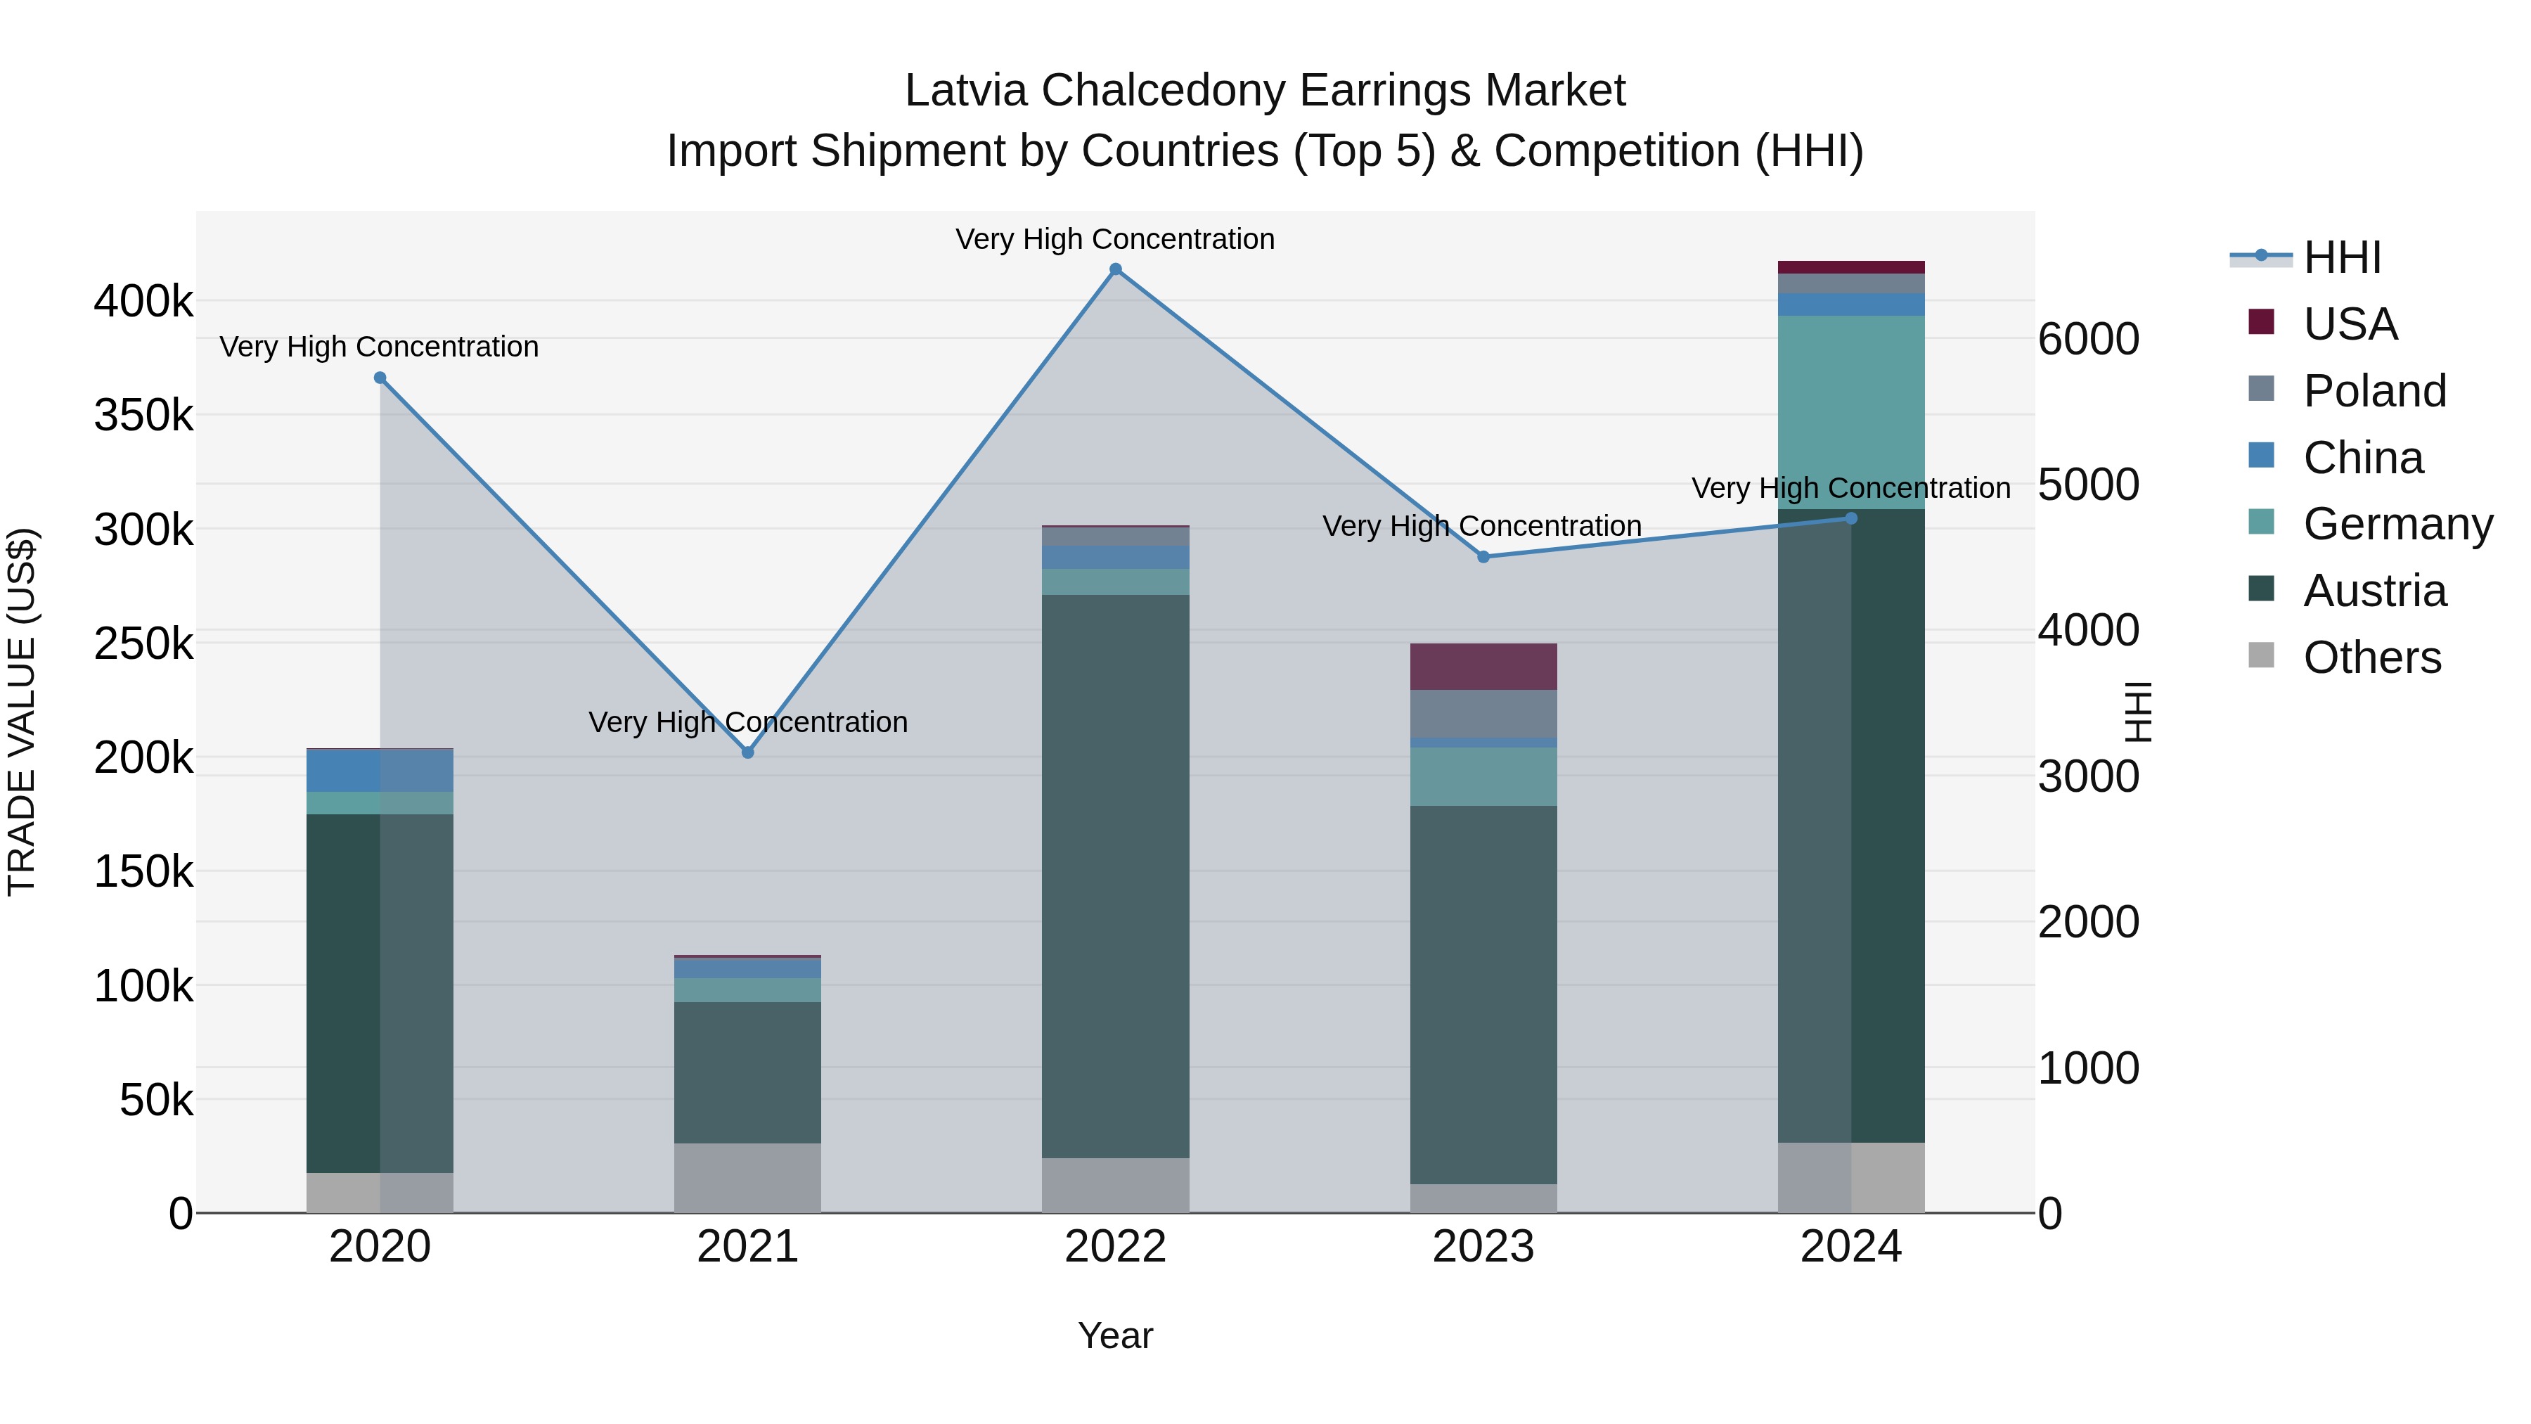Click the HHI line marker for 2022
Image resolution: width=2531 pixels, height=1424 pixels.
point(1115,269)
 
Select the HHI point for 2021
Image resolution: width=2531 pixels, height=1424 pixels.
point(748,752)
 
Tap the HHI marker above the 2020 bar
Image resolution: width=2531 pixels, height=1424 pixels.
point(380,378)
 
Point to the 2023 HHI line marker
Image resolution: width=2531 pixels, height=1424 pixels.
point(1483,557)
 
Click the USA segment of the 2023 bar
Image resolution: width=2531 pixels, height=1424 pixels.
point(1483,667)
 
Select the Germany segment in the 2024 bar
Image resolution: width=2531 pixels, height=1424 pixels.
point(1851,412)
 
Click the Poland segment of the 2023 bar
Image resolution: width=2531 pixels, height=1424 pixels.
point(1483,714)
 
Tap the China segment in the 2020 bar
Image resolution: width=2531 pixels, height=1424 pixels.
point(380,771)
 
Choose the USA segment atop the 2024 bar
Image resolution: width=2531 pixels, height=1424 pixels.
point(1851,267)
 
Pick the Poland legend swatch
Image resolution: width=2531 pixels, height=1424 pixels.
point(2261,389)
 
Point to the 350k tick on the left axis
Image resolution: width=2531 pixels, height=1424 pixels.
point(143,416)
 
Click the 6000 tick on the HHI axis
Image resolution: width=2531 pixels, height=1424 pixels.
point(2088,340)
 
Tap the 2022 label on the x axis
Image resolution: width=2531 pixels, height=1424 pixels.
point(1115,1247)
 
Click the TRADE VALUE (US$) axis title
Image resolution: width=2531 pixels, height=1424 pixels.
point(22,712)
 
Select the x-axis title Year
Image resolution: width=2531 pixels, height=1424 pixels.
point(1115,1335)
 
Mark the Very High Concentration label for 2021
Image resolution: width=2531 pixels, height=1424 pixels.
point(748,722)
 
